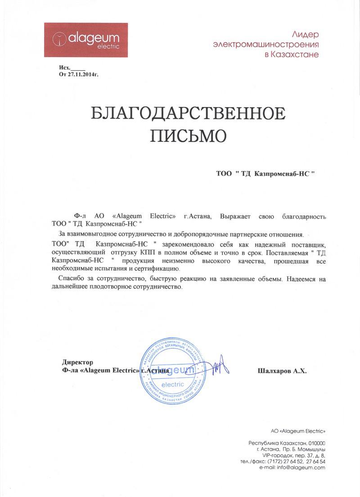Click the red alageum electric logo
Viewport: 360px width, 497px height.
pos(85,40)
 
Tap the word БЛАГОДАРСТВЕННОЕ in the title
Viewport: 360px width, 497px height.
pos(188,113)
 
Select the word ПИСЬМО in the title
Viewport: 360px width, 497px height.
pos(188,134)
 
